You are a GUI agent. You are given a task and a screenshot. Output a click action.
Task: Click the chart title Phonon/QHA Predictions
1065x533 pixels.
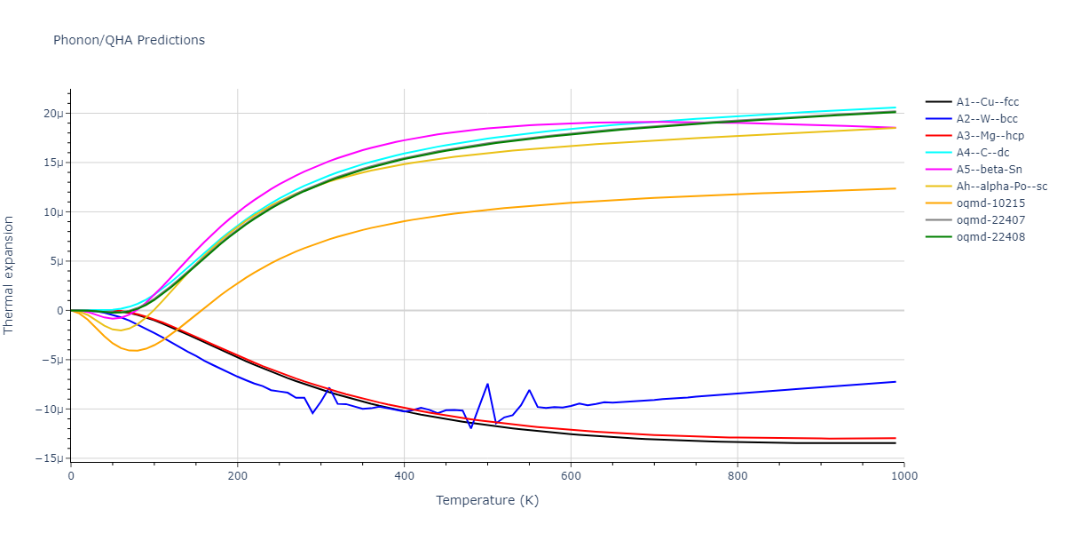click(129, 40)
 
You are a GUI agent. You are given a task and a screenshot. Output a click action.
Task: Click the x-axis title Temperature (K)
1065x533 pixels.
click(487, 500)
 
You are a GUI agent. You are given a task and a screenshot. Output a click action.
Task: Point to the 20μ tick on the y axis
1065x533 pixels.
click(53, 114)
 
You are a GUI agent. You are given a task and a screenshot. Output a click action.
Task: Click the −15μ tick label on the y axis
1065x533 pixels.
click(50, 458)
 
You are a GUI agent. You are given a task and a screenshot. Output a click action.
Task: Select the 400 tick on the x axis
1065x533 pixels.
click(404, 475)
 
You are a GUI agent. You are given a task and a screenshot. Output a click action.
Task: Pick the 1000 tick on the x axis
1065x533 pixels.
click(903, 475)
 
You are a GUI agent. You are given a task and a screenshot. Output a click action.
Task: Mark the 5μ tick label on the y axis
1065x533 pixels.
click(56, 261)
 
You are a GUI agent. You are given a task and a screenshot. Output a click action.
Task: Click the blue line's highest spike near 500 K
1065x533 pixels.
click(487, 384)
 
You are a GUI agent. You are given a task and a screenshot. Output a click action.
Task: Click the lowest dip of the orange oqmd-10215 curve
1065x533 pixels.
click(133, 351)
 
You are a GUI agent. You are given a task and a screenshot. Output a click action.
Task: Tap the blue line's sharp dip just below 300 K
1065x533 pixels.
click(312, 413)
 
